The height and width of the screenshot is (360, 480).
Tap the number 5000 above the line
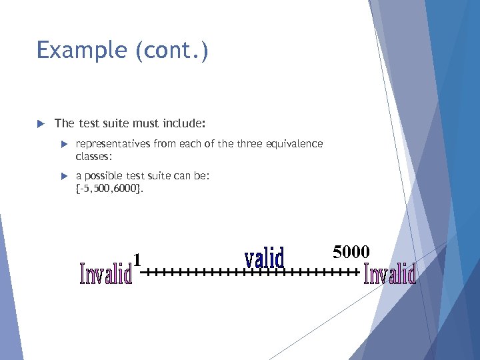351,251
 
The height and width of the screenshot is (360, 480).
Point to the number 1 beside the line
137,259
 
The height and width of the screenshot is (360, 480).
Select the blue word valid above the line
264,258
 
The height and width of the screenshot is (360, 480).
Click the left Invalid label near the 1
105,273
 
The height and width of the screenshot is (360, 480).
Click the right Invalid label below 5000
390,274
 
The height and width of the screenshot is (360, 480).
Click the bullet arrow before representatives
65,144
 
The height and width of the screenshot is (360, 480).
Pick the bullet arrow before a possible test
65,176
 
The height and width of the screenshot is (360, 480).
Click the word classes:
94,155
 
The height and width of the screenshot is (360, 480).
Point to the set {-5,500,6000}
109,188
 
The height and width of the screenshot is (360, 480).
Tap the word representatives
113,144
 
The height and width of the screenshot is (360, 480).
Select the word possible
103,176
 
